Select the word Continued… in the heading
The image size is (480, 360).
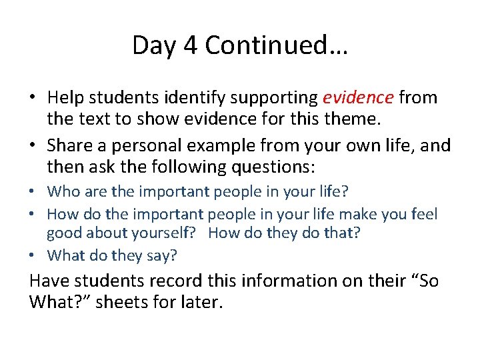click(x=276, y=45)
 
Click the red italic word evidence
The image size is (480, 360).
click(x=358, y=98)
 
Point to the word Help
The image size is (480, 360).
click(x=66, y=98)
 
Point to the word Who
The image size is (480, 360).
click(x=63, y=191)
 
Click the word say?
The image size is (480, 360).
click(x=163, y=255)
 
